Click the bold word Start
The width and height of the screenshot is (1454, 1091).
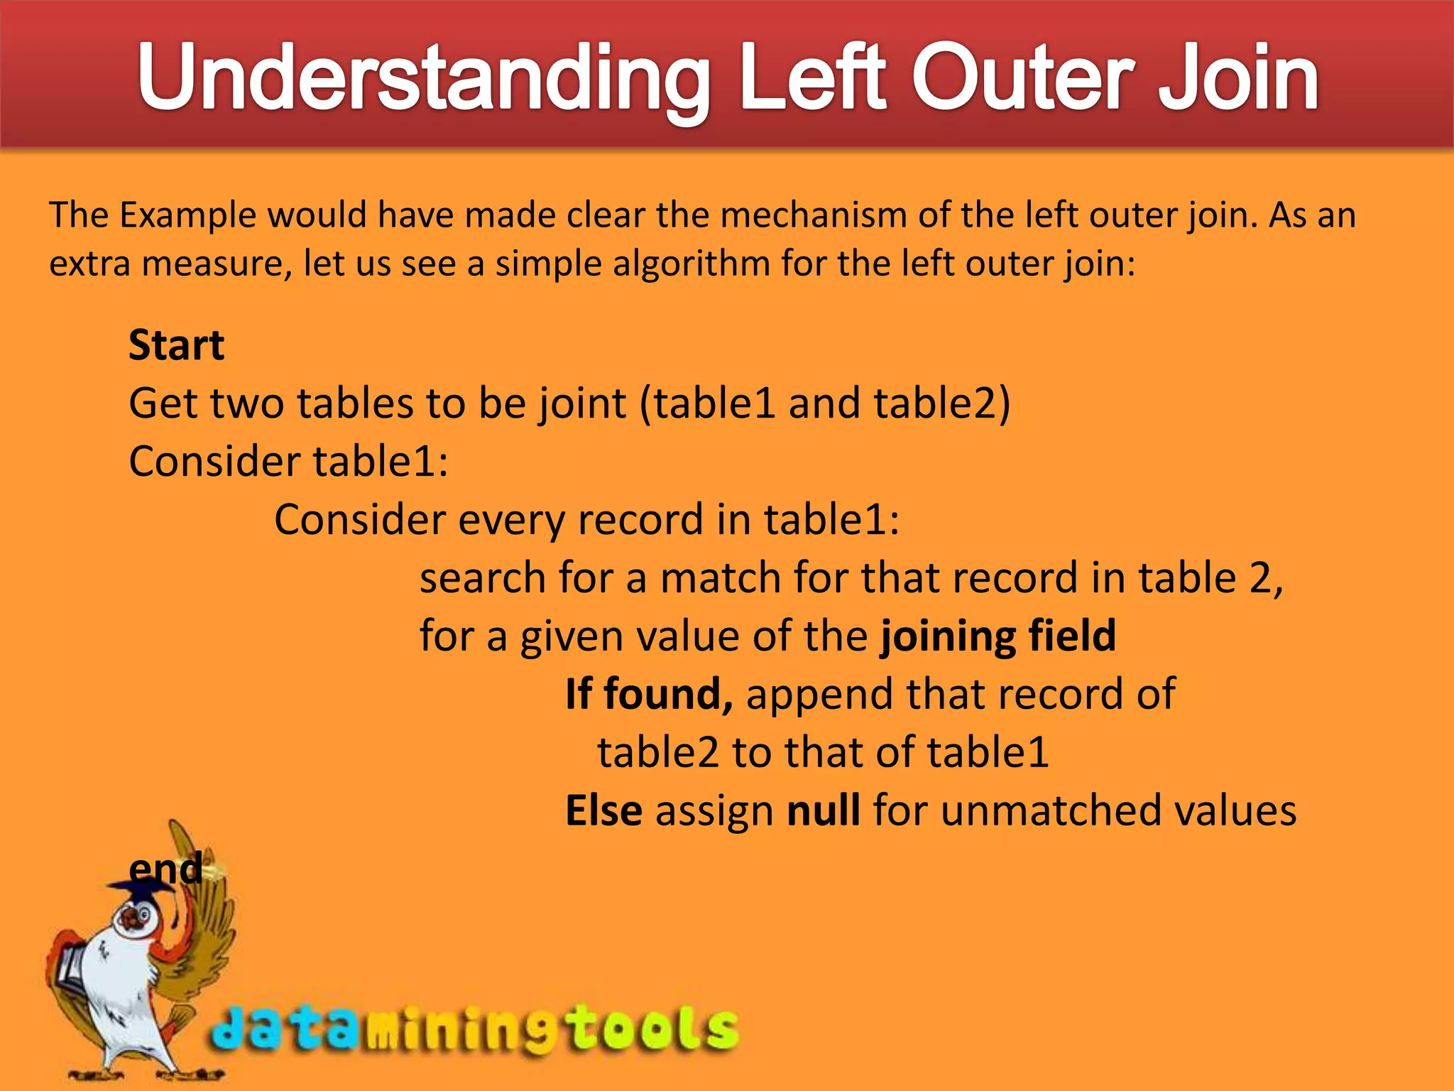pos(176,346)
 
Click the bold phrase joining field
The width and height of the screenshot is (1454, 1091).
pos(997,635)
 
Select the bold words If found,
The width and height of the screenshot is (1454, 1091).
pos(649,694)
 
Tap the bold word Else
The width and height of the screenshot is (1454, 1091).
pos(603,810)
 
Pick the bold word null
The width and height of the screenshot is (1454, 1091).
pos(824,810)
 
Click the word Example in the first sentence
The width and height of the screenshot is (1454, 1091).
pos(187,215)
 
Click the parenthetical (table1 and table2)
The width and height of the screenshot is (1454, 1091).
pos(824,403)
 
